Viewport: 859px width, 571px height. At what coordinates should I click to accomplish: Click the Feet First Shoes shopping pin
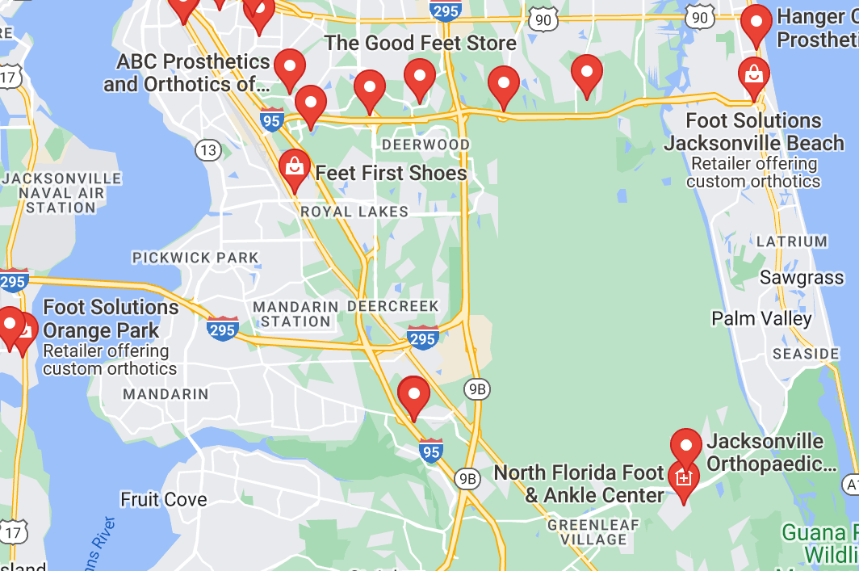tap(295, 166)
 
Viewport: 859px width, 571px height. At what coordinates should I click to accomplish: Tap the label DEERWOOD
tap(425, 145)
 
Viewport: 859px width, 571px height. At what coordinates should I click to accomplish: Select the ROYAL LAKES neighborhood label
tap(354, 212)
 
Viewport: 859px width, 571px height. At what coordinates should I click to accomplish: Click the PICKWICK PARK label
tap(195, 258)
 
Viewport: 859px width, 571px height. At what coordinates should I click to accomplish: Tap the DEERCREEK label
tap(393, 307)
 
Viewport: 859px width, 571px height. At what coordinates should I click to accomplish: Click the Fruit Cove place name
tap(164, 499)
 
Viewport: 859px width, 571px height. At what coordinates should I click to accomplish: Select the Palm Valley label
tap(761, 318)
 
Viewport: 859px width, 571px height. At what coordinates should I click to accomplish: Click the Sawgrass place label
tap(802, 278)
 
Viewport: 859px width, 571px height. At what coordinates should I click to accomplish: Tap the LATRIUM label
tap(792, 241)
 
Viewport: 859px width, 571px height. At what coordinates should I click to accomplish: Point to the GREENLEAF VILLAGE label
tap(593, 532)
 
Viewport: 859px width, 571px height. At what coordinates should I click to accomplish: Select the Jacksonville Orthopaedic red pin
tap(686, 445)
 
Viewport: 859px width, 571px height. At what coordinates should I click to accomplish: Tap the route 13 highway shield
tap(208, 149)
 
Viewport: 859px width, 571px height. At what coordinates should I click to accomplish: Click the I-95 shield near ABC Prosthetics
tap(272, 120)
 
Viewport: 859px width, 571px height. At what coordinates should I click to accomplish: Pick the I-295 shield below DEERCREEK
tap(423, 338)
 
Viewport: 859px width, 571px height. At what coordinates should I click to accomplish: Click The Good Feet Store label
tap(420, 43)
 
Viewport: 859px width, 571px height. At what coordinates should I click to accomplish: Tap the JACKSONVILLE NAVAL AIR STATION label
tap(61, 193)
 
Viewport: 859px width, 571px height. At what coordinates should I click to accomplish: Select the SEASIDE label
tap(806, 354)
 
